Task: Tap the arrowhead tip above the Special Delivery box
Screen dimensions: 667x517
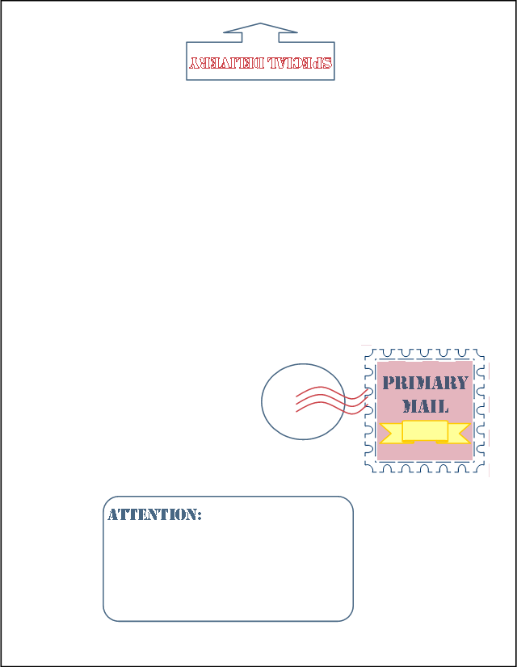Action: (260, 24)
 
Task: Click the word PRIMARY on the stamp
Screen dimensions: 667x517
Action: (425, 383)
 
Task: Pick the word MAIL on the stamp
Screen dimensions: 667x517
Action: (425, 405)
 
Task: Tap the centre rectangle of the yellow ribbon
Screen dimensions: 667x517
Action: (425, 430)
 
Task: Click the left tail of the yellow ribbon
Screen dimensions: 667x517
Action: (389, 434)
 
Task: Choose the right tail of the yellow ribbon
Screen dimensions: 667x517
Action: (460, 434)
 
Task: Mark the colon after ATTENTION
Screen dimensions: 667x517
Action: (199, 515)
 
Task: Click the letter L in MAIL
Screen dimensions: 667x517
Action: (443, 405)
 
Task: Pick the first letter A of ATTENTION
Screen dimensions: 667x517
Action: (113, 514)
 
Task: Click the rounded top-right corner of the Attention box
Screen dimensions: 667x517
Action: (348, 501)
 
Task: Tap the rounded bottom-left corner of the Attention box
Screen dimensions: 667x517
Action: (108, 616)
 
